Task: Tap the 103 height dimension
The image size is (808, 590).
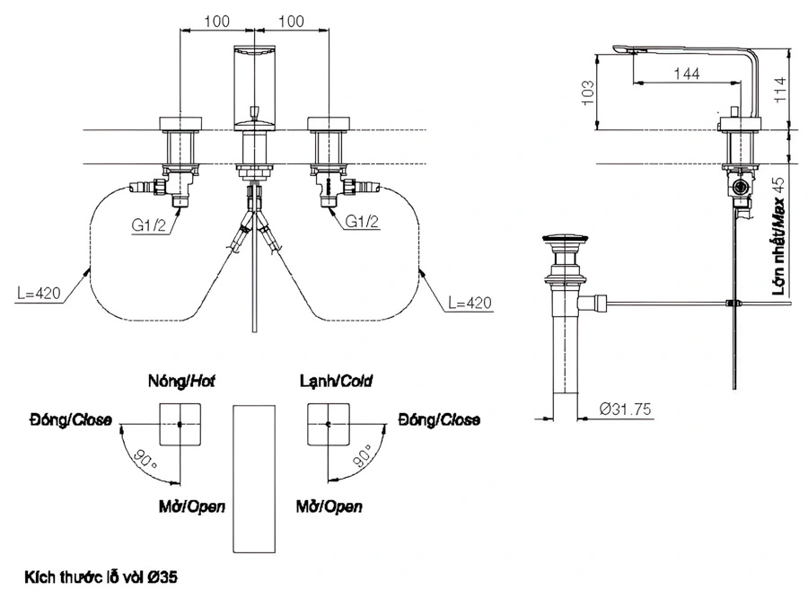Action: [x=589, y=92]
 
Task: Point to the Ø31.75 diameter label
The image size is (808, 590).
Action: [x=626, y=409]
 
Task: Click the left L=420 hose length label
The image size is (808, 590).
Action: [x=40, y=293]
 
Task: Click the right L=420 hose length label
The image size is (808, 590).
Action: [x=468, y=304]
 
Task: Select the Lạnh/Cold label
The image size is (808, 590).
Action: [x=336, y=382]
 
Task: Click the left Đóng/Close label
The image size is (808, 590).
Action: [x=69, y=419]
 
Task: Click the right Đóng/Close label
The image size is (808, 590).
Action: [x=439, y=419]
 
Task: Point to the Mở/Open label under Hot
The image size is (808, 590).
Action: [x=186, y=506]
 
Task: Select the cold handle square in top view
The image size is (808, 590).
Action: [x=329, y=423]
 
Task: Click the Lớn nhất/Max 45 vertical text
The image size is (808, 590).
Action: [x=779, y=238]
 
